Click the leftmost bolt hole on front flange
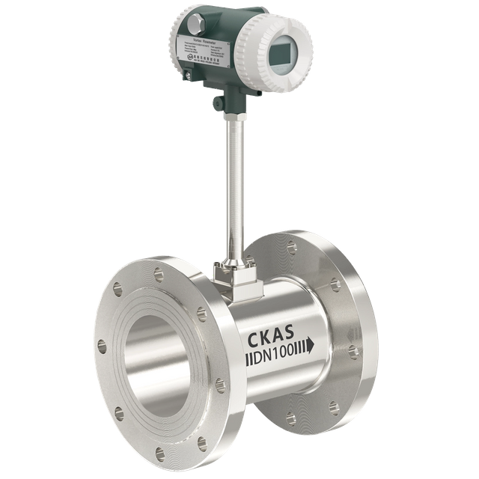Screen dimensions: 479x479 click(x=102, y=344)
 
